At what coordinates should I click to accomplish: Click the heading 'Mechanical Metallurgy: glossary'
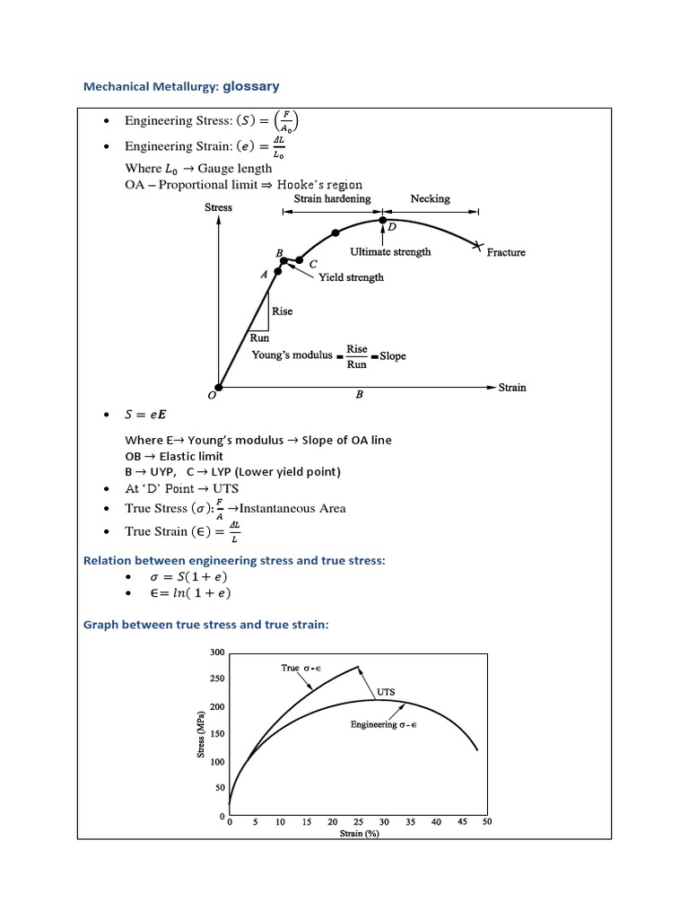tap(181, 87)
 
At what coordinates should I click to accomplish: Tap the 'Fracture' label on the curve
tap(506, 253)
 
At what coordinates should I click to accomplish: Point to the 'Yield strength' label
tap(351, 277)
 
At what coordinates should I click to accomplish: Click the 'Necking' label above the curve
tap(430, 198)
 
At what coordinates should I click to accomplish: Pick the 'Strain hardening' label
tap(332, 198)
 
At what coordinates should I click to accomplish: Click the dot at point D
tap(383, 219)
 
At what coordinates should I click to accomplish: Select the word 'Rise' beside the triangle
tap(282, 311)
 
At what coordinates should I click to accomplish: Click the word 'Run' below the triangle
tap(259, 338)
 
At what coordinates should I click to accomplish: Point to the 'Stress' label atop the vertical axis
tap(219, 207)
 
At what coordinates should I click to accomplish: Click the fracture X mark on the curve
tap(479, 245)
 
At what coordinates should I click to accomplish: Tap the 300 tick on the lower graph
tap(217, 652)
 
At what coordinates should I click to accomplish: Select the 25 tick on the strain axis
tap(358, 822)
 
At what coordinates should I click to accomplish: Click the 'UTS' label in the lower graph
tap(386, 692)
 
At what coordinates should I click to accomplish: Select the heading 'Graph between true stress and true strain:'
tap(205, 624)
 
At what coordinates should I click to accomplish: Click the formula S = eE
tap(145, 415)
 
